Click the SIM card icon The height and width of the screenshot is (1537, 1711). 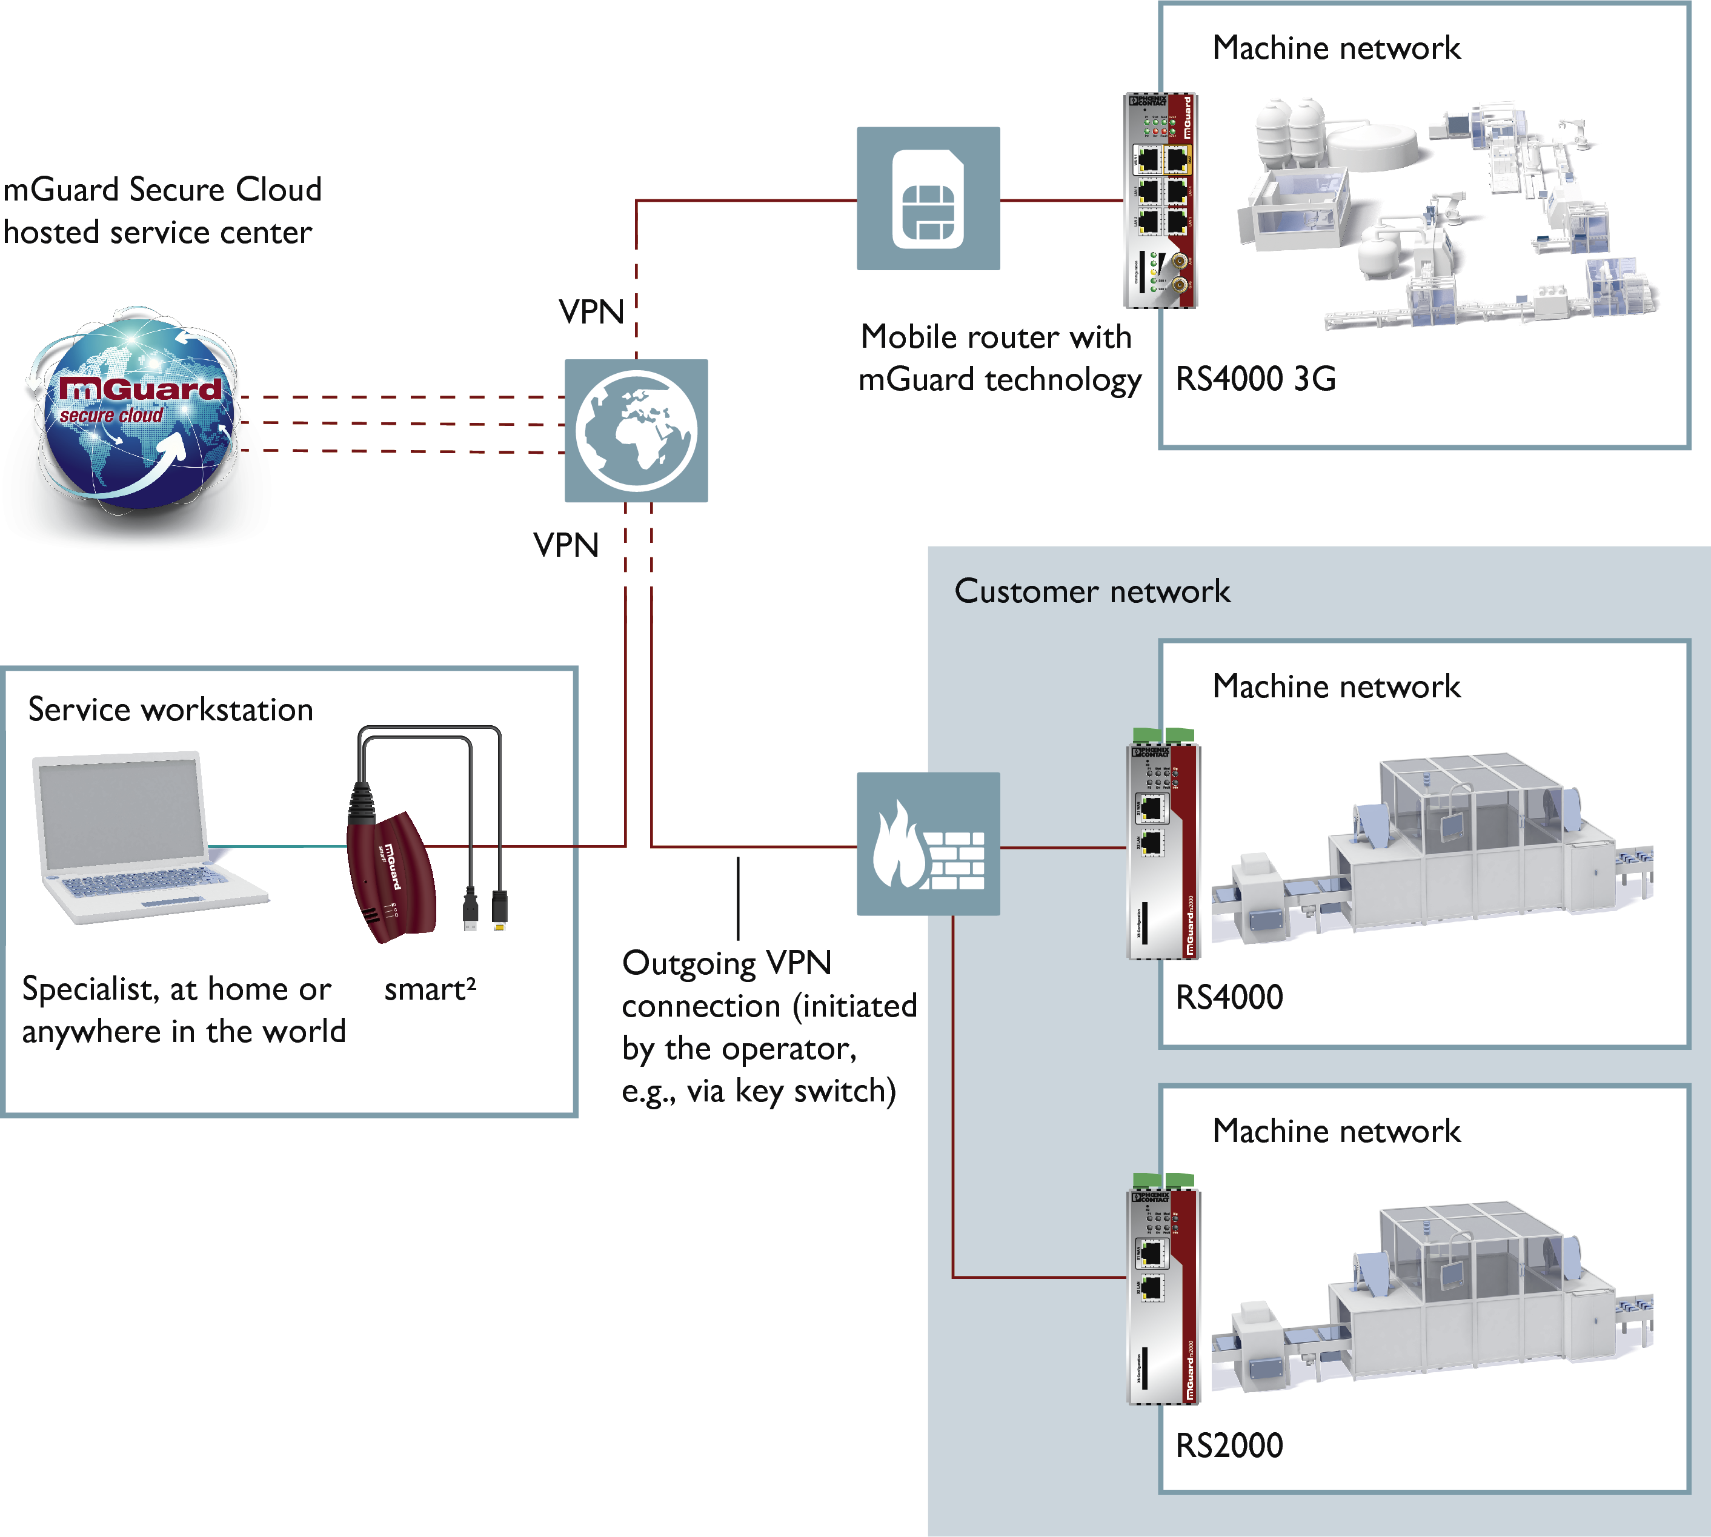coord(928,199)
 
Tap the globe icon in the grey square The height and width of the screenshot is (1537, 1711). coord(636,431)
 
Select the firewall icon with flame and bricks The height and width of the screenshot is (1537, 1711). coord(928,844)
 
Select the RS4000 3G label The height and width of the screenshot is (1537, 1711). coord(1256,379)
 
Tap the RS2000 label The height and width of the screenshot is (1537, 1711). coord(1229,1446)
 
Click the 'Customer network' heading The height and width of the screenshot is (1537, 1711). coord(1092,591)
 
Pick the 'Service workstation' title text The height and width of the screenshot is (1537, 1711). coord(171,709)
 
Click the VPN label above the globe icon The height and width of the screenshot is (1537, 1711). coord(591,311)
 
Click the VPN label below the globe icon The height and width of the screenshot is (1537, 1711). coord(566,545)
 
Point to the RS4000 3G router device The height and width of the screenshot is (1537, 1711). coord(1160,200)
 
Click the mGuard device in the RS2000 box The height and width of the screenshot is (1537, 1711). coord(1164,1296)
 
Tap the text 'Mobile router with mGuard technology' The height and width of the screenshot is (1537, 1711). coord(998,358)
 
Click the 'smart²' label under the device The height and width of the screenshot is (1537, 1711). coord(430,989)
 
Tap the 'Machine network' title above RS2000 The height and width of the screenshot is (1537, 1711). coord(1336,1131)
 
